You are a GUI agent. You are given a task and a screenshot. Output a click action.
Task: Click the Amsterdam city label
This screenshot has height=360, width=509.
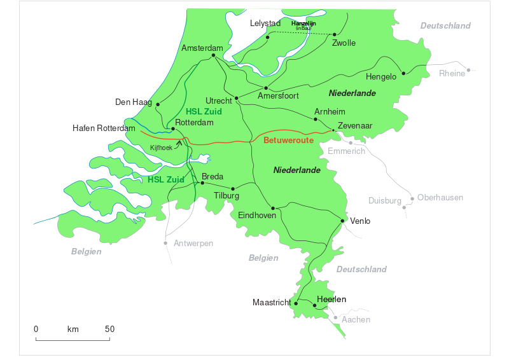click(202, 48)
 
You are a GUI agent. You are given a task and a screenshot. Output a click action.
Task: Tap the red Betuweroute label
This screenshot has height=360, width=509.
click(289, 140)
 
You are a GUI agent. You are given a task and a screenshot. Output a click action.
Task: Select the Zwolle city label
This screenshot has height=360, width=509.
click(344, 43)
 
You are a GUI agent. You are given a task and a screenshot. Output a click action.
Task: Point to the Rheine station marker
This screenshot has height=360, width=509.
click(469, 70)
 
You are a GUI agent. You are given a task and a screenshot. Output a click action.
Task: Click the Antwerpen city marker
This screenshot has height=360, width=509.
click(166, 243)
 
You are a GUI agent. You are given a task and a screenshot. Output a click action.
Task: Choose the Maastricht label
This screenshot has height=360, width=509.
click(271, 302)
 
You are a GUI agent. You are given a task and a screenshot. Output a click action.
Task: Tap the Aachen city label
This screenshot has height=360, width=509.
click(356, 319)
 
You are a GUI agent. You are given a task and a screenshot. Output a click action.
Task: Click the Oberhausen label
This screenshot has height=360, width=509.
click(440, 198)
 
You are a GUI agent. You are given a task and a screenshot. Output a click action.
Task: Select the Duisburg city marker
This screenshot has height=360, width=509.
click(403, 207)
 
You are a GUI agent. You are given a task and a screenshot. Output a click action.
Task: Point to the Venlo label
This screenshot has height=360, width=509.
click(360, 221)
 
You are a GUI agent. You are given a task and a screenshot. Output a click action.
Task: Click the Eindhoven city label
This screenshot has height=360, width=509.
click(257, 216)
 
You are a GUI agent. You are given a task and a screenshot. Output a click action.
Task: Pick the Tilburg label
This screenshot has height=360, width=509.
click(227, 196)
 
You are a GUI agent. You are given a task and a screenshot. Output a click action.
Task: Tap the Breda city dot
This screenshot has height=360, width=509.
click(202, 183)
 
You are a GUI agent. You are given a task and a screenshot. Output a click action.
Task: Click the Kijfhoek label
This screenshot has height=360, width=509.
click(161, 148)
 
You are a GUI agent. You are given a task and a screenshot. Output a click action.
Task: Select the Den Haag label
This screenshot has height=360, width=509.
click(134, 102)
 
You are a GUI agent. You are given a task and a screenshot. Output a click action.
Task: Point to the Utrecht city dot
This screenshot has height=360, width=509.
click(236, 98)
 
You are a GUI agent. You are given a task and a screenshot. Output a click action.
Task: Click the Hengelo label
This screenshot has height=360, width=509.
click(381, 77)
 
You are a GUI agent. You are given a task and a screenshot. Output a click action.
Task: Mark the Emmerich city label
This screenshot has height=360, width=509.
click(347, 151)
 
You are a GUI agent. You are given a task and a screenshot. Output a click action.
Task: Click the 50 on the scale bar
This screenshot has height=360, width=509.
click(109, 329)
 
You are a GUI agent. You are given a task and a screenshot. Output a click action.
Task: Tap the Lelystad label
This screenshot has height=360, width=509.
click(265, 24)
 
